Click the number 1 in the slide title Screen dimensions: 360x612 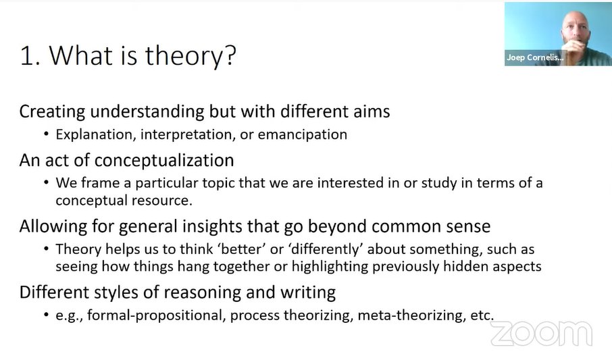[x=26, y=55]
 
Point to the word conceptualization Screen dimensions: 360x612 [x=164, y=161]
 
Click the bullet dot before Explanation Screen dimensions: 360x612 [x=46, y=134]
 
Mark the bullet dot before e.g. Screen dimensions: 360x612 [x=46, y=315]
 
